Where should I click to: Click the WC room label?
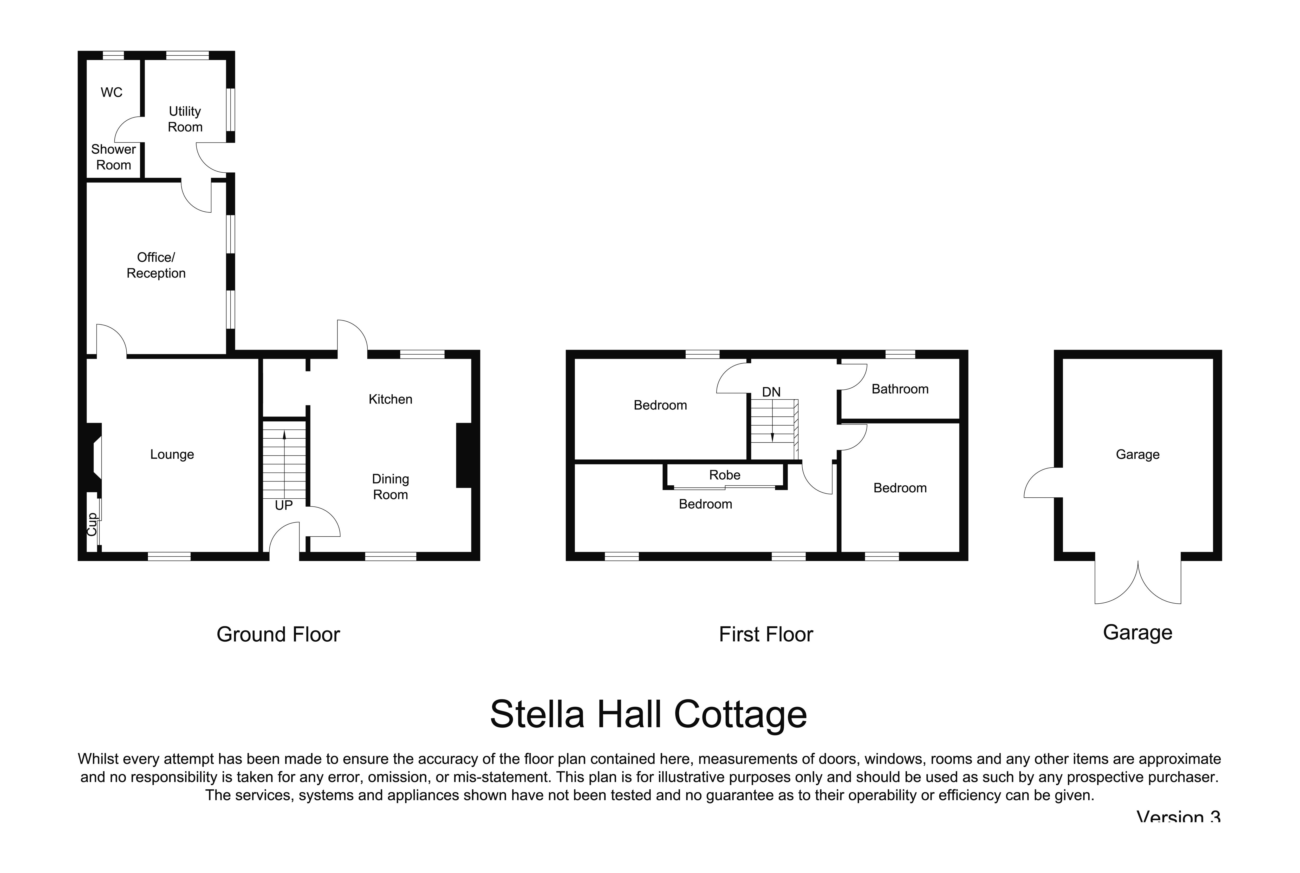(x=111, y=93)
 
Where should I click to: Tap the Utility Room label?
(x=185, y=119)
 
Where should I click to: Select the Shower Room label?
(x=114, y=157)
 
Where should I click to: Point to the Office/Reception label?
(x=156, y=265)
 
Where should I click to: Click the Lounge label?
(x=172, y=454)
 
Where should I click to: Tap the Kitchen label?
(x=390, y=399)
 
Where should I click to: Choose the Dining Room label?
(x=390, y=487)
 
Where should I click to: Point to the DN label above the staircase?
(x=771, y=392)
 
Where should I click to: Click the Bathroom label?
(x=900, y=389)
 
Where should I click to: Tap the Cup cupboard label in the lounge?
(x=92, y=524)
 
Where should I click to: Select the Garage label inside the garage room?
(x=1137, y=454)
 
